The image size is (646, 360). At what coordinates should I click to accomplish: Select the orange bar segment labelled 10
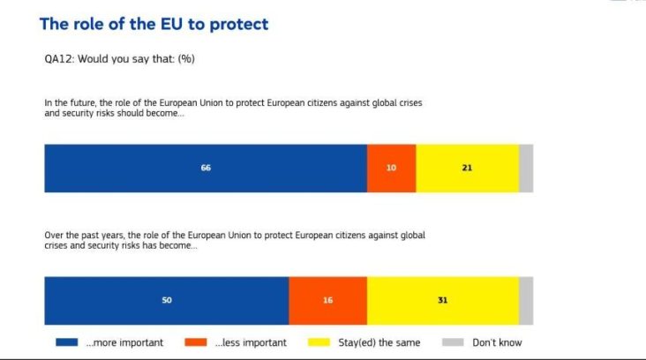coord(391,168)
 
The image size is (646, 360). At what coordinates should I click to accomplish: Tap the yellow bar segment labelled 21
coord(467,168)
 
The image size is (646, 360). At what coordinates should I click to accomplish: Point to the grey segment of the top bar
coord(526,168)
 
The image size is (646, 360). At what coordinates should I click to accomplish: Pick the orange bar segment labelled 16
coord(327,300)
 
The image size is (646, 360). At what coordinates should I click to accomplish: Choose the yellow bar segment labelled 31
coord(442,300)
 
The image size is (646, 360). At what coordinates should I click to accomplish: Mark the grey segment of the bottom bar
coord(526,300)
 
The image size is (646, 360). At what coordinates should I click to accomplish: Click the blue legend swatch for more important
coord(67,342)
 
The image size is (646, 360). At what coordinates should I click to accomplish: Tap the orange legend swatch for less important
coord(198,342)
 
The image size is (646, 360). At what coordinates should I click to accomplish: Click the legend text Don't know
coord(497,342)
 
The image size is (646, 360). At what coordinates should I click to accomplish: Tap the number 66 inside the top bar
coord(206,168)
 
